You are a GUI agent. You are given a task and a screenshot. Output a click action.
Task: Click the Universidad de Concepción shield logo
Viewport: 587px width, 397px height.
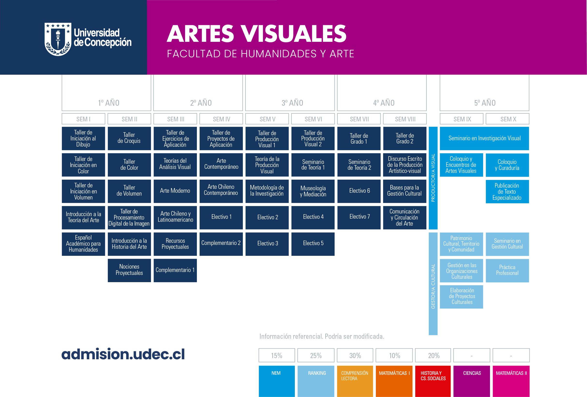(58, 39)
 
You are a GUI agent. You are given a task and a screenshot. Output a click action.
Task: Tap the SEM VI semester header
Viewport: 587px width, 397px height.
(313, 119)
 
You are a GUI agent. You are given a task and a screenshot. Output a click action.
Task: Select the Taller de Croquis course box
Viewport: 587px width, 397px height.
(129, 138)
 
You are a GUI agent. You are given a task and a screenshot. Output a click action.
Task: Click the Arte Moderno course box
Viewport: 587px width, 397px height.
(175, 191)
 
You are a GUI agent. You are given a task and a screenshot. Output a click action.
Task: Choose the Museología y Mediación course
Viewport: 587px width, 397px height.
(313, 191)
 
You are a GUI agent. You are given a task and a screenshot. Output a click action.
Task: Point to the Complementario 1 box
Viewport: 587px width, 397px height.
(175, 270)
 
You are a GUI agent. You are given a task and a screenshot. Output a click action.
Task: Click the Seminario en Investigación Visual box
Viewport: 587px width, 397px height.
(484, 138)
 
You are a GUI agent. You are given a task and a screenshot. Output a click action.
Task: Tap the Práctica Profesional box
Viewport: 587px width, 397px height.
(507, 270)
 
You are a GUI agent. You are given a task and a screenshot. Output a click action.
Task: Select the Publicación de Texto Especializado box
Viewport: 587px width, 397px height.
(507, 191)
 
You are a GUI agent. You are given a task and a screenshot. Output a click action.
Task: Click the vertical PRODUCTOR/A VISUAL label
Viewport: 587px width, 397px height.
(433, 178)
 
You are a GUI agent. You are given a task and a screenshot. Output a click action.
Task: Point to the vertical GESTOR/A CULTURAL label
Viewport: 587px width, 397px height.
(433, 286)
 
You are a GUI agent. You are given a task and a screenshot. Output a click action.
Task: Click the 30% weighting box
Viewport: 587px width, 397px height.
(355, 355)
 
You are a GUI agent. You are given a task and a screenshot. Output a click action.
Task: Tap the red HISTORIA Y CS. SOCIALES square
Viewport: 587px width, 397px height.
(433, 381)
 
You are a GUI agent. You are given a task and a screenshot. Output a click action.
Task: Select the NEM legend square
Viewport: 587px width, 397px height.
(277, 381)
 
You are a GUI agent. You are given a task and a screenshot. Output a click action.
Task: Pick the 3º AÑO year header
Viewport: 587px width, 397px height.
(292, 103)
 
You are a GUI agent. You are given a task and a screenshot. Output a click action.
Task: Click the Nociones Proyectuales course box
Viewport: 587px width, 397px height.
(129, 270)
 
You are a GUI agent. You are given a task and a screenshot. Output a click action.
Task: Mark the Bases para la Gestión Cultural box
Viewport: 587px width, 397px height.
(405, 191)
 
